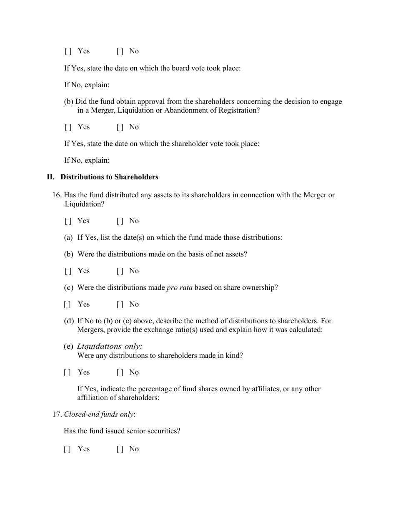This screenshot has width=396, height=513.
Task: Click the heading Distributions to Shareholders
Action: coord(109,177)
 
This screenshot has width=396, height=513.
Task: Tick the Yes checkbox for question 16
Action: coord(68,221)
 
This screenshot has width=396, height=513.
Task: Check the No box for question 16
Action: coord(120,221)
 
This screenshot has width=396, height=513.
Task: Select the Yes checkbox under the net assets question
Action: coord(68,271)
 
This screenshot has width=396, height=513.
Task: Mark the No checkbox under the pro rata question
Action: coord(120,304)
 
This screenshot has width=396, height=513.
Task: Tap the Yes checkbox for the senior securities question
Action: coord(68,449)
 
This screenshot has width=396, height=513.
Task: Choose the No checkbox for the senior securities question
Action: coord(120,449)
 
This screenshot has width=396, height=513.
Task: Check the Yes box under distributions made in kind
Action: coord(68,372)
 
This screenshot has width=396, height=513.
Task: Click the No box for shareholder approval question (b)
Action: coord(120,127)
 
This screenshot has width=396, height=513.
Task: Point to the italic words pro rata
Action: coord(179,288)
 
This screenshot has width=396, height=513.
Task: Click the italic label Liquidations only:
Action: coord(110,347)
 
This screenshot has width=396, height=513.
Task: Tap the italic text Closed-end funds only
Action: coord(99,415)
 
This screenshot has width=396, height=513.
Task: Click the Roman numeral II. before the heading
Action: coord(50,177)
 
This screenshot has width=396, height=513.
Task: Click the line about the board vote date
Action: coord(152,68)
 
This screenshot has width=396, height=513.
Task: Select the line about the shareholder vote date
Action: coord(161,144)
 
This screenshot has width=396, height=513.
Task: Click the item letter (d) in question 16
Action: coord(69,321)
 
